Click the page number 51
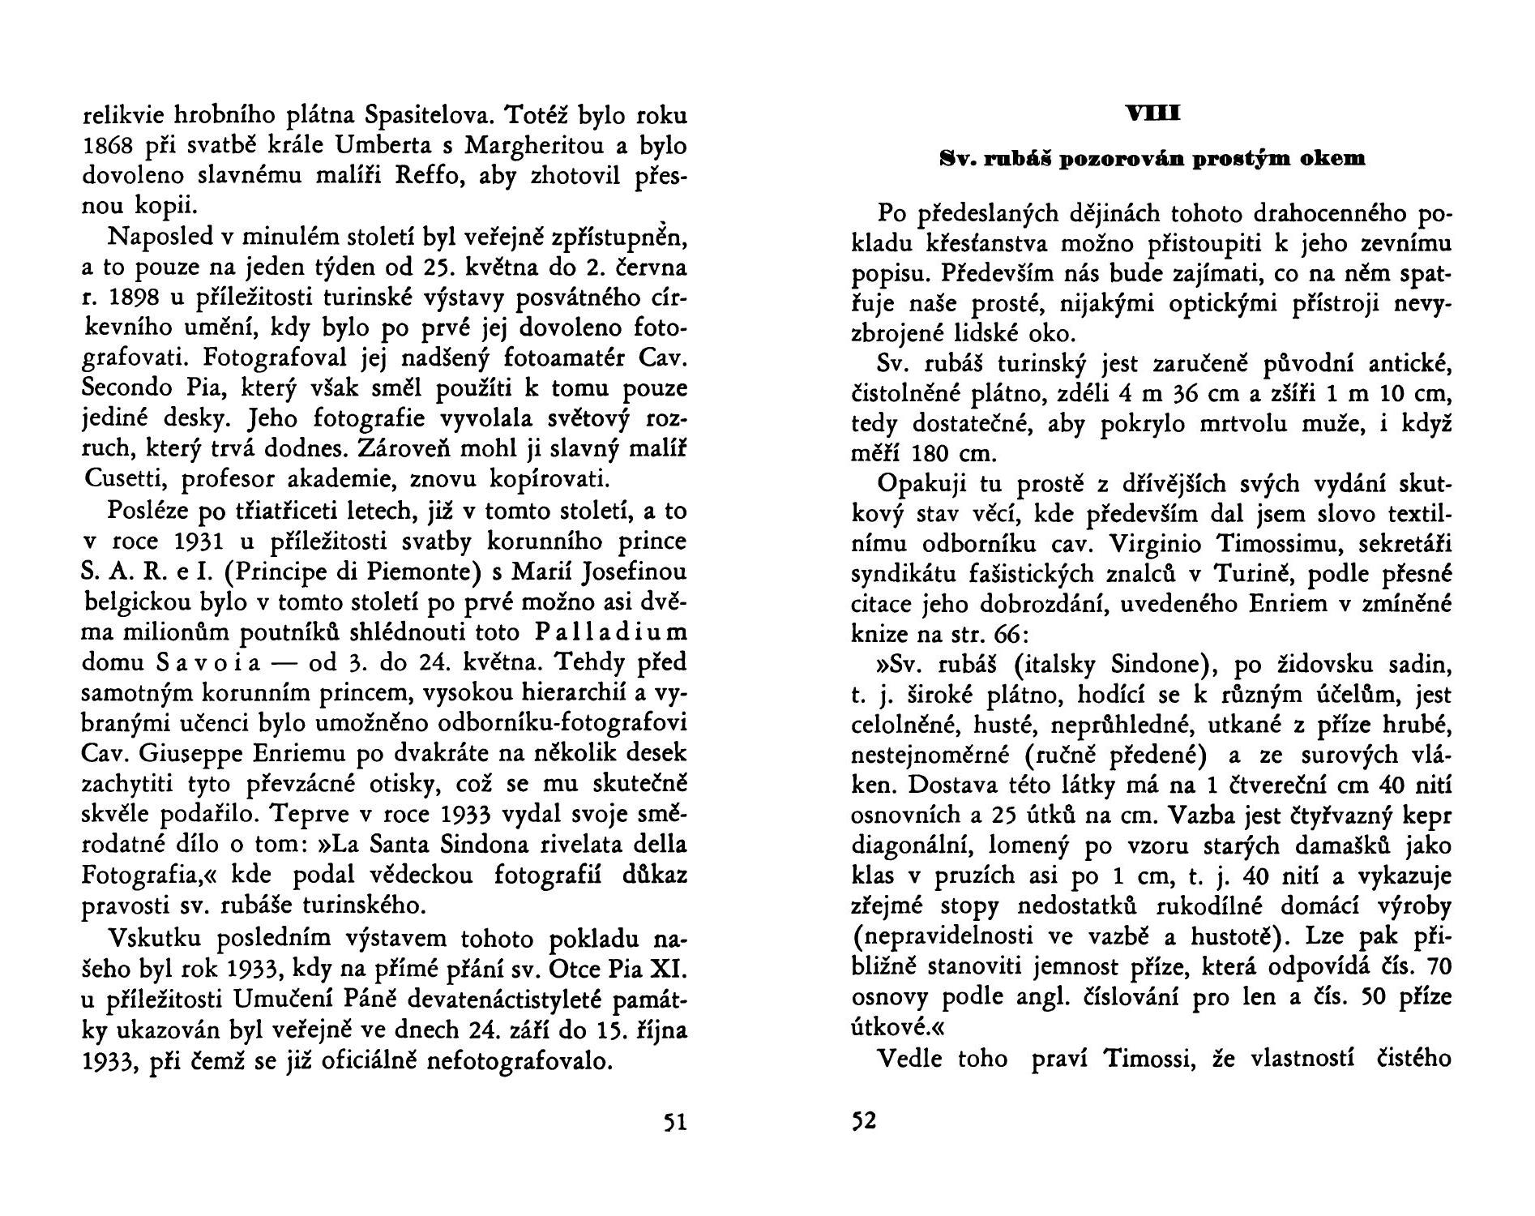click(675, 1122)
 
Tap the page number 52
click(864, 1122)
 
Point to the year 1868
click(108, 147)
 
